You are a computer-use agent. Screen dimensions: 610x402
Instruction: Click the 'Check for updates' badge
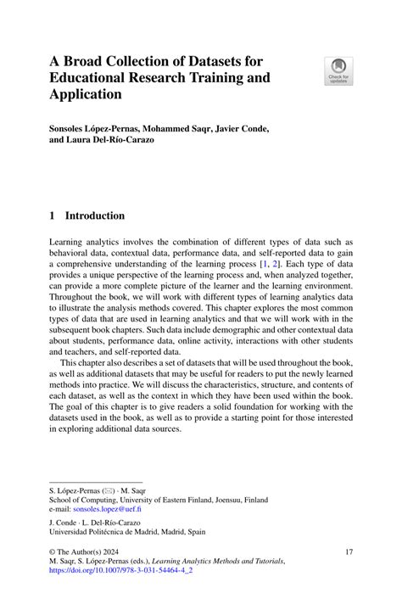[x=338, y=70]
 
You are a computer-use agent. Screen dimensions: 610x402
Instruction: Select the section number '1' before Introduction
[x=53, y=215]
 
